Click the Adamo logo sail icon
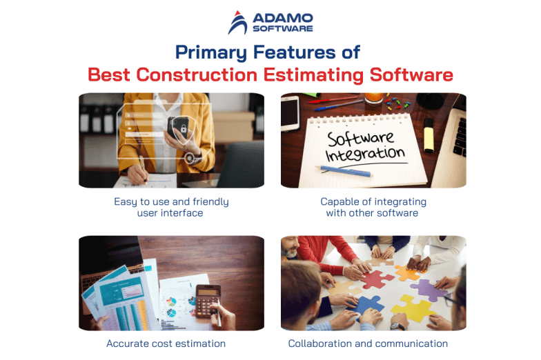[x=237, y=23]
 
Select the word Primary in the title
[x=208, y=52]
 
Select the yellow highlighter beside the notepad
[x=429, y=137]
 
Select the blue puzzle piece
[x=369, y=304]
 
